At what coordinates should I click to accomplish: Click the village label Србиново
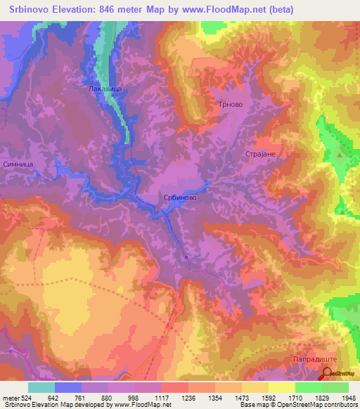[x=179, y=199]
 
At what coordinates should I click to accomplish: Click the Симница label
[x=18, y=162]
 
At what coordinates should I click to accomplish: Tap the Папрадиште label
[x=307, y=360]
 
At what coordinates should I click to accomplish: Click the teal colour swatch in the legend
[x=41, y=387]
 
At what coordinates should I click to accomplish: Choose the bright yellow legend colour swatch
[x=281, y=387]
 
